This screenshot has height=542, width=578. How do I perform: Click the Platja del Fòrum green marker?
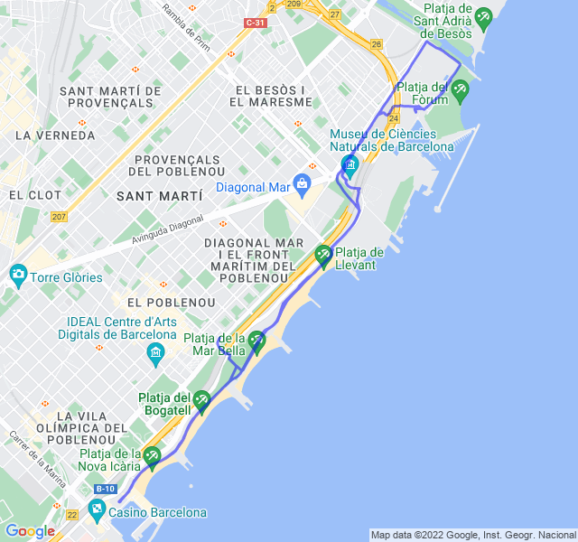(460, 89)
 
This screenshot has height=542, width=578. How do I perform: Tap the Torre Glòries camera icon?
(17, 275)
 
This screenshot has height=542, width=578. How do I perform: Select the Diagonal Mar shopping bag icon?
(302, 184)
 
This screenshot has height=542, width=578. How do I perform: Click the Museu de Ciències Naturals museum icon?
(350, 164)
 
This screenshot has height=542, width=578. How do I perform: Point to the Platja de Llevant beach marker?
(323, 256)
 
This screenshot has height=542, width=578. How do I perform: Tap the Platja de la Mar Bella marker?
(256, 341)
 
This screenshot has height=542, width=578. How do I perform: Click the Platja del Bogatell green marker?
(202, 399)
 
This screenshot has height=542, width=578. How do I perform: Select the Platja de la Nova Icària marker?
(153, 456)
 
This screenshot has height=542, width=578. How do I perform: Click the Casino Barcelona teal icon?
(97, 510)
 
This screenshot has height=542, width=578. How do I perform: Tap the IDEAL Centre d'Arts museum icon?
(156, 350)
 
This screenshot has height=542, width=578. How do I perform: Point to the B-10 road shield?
(106, 489)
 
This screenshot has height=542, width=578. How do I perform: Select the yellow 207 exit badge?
(60, 216)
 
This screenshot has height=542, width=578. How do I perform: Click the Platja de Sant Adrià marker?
(483, 17)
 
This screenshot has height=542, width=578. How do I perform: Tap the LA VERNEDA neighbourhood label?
(55, 135)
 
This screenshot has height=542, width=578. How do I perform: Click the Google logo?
(30, 531)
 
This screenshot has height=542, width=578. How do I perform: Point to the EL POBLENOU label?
(172, 303)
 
